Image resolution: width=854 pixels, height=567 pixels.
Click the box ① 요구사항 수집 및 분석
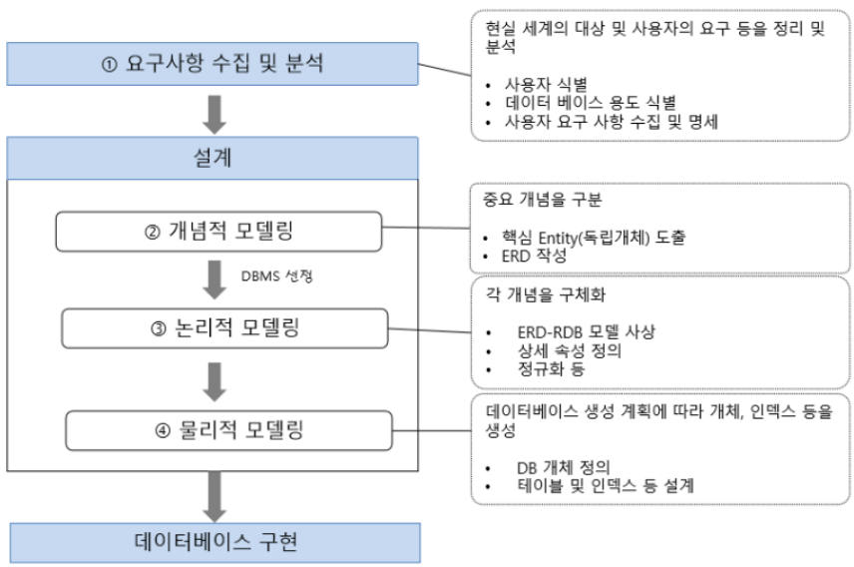click(212, 64)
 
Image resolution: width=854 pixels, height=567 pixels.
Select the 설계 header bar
click(212, 157)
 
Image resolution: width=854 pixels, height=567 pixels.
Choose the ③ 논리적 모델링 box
click(222, 326)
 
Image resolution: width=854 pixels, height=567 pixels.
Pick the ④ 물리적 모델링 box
click(225, 431)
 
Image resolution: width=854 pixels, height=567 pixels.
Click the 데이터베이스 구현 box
click(212, 543)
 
